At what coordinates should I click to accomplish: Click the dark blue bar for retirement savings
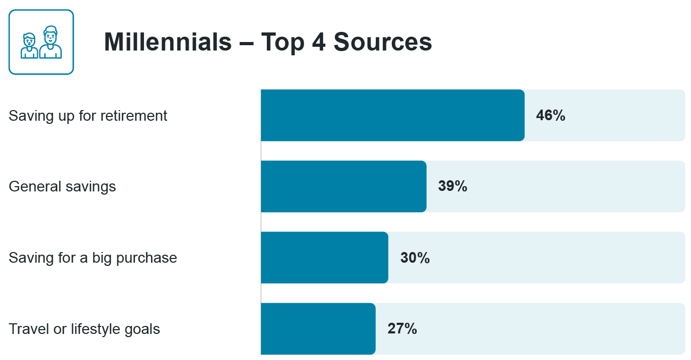(x=392, y=115)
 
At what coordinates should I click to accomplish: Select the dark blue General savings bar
(x=343, y=187)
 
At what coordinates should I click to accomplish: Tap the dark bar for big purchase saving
(x=324, y=257)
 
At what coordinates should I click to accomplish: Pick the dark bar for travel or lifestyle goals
(x=318, y=329)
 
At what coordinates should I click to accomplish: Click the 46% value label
(x=551, y=115)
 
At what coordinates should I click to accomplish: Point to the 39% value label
(x=452, y=187)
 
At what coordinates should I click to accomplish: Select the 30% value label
(x=415, y=258)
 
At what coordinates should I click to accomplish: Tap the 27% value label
(x=402, y=329)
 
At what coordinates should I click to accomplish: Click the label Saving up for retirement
(x=88, y=115)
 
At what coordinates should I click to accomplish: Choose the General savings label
(x=62, y=187)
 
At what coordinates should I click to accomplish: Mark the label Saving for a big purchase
(x=93, y=258)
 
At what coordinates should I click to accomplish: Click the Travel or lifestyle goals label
(x=85, y=329)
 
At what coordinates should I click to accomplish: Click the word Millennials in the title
(x=168, y=42)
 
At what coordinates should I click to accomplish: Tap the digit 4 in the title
(x=317, y=42)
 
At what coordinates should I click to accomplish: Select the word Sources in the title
(x=383, y=42)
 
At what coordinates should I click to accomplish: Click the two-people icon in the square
(x=41, y=42)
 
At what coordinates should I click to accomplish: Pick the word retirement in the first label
(x=139, y=115)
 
